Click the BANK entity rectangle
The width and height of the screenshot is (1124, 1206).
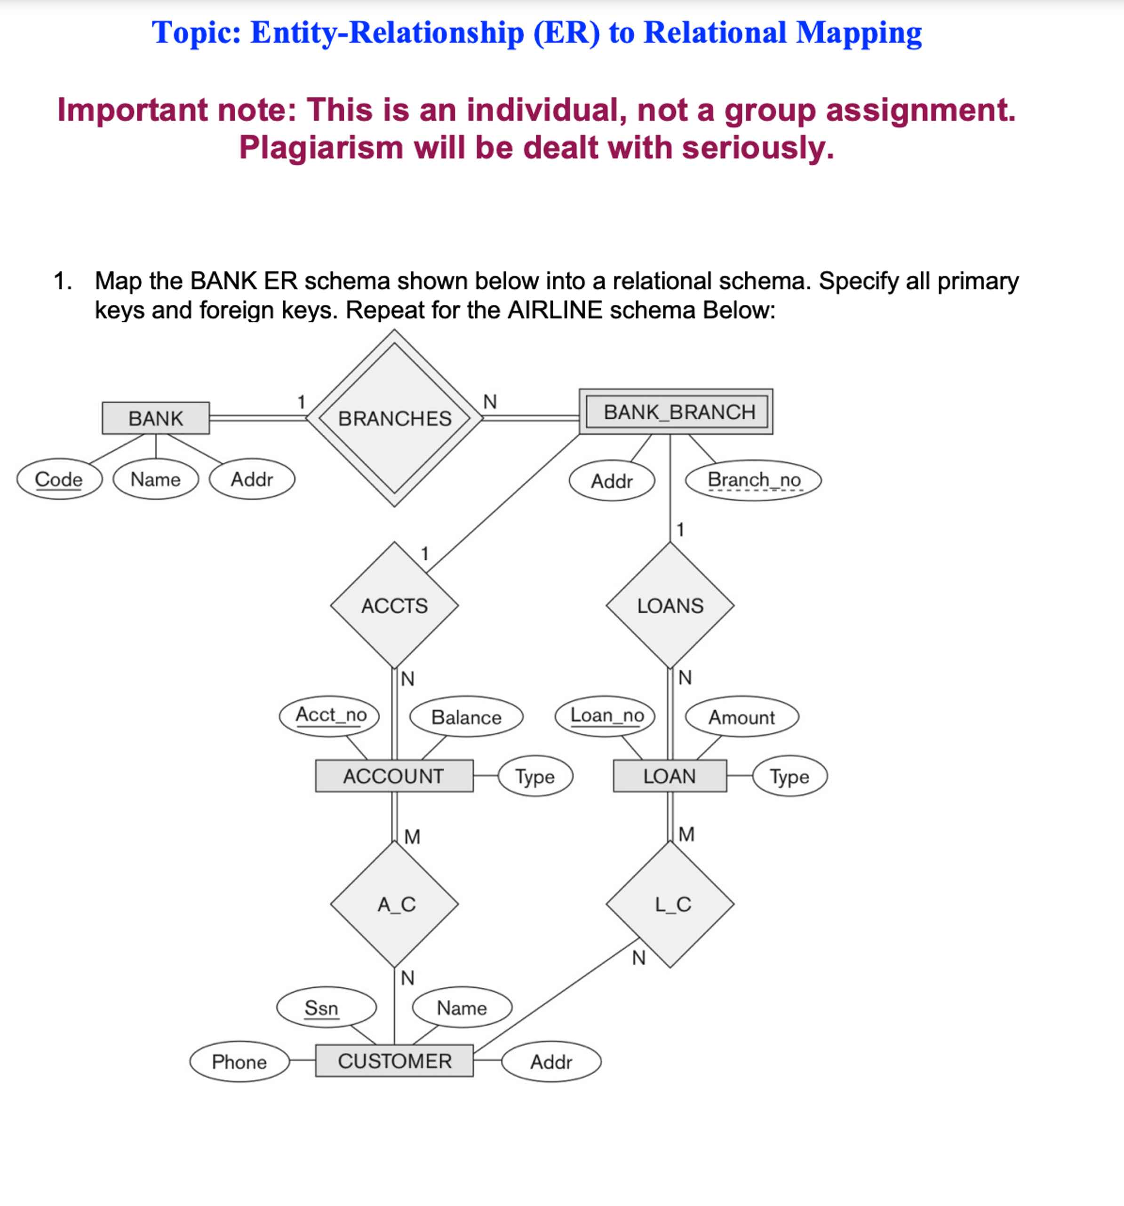coord(155,418)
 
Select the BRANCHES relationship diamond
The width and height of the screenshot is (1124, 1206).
coord(394,418)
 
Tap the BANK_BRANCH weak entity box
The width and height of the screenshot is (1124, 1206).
coord(676,412)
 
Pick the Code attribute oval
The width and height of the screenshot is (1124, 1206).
coord(59,479)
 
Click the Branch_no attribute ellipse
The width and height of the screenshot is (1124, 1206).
coord(753,480)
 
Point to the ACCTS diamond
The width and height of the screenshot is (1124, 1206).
coord(394,605)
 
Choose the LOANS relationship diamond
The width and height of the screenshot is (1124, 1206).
coord(670,605)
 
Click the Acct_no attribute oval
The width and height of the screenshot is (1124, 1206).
coord(330,715)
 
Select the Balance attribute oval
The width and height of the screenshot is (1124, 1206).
coord(466,717)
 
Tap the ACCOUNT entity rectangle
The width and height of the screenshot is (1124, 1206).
coord(394,776)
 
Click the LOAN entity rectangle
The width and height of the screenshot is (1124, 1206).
coord(670,776)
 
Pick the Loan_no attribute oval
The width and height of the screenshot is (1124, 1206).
coord(606,716)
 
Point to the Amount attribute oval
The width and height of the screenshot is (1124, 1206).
coord(741,717)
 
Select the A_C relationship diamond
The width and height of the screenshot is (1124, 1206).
coord(394,904)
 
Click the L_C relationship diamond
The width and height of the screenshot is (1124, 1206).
coord(670,904)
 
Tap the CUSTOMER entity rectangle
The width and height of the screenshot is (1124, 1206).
coord(394,1061)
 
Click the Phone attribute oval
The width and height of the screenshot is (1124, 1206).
coord(239,1062)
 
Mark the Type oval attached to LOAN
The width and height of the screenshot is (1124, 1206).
coord(789,777)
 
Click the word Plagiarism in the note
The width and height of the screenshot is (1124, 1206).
coord(321,147)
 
